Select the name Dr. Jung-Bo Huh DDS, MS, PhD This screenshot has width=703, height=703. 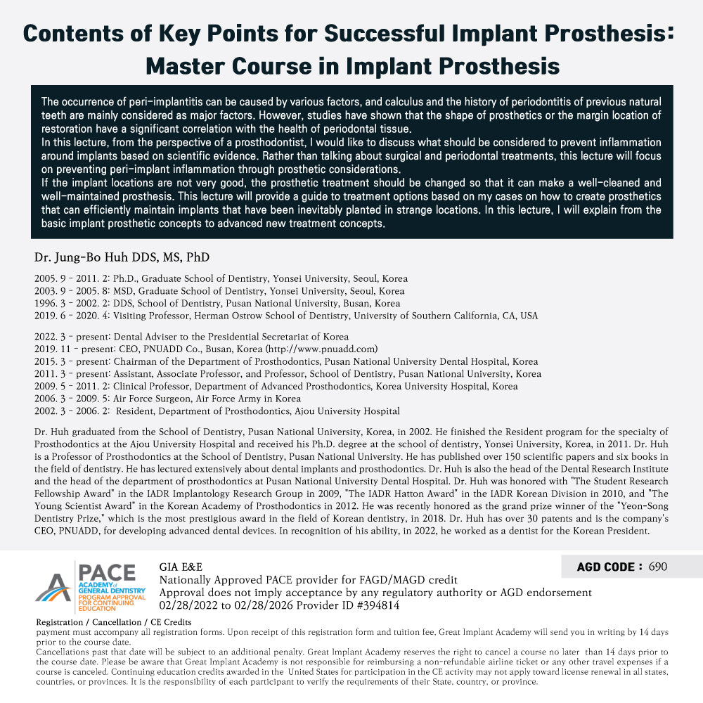(x=122, y=257)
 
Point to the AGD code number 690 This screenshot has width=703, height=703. (x=658, y=567)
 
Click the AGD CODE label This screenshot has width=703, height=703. (x=609, y=567)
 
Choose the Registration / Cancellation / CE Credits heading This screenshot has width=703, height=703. (x=113, y=623)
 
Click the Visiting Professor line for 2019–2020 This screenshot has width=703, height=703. (x=286, y=316)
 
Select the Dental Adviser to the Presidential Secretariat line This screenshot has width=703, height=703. (x=191, y=336)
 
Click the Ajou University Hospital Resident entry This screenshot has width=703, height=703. (x=217, y=411)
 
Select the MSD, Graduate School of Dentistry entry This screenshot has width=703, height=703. (x=219, y=291)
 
